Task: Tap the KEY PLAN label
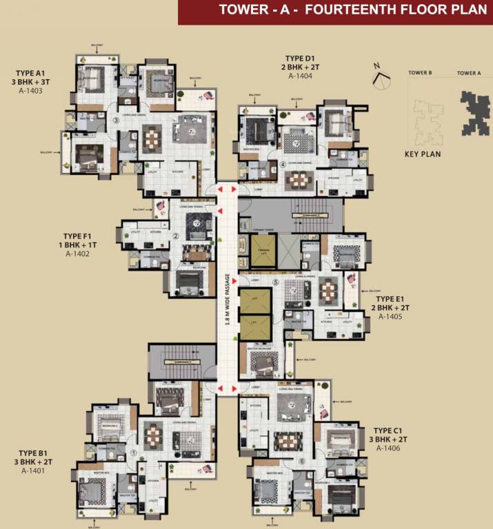point(422,154)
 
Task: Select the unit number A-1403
point(30,90)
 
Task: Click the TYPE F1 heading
point(77,235)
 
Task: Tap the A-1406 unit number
point(388,448)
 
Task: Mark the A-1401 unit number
point(32,471)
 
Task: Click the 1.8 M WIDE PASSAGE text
point(227,304)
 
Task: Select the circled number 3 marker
point(116,121)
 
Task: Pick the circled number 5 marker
point(275,282)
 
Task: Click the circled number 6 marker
point(301,461)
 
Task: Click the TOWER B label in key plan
point(420,72)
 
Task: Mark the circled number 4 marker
point(283,165)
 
